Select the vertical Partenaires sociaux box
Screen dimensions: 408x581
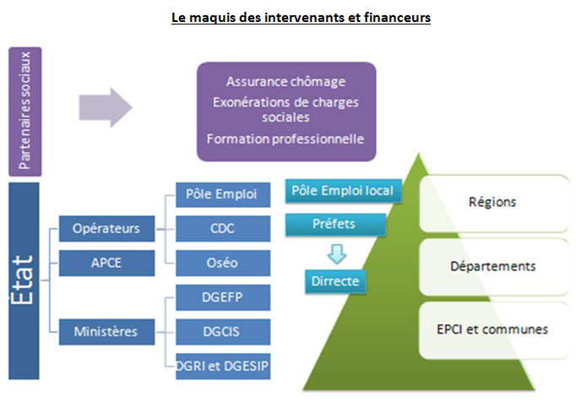(x=27, y=109)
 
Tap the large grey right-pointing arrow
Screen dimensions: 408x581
(x=105, y=107)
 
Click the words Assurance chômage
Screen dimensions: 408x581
(x=285, y=82)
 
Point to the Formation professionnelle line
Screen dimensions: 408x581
(x=285, y=139)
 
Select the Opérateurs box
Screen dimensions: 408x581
(x=106, y=229)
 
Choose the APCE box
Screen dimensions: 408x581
(x=106, y=262)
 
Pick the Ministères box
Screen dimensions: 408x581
(x=106, y=331)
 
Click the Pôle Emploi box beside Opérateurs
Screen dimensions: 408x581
(x=223, y=195)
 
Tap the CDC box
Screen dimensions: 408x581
(x=223, y=229)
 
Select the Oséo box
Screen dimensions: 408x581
(x=223, y=262)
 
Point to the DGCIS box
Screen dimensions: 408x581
(x=223, y=330)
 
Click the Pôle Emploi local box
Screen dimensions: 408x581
(x=342, y=191)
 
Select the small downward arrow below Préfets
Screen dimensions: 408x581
(x=335, y=253)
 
